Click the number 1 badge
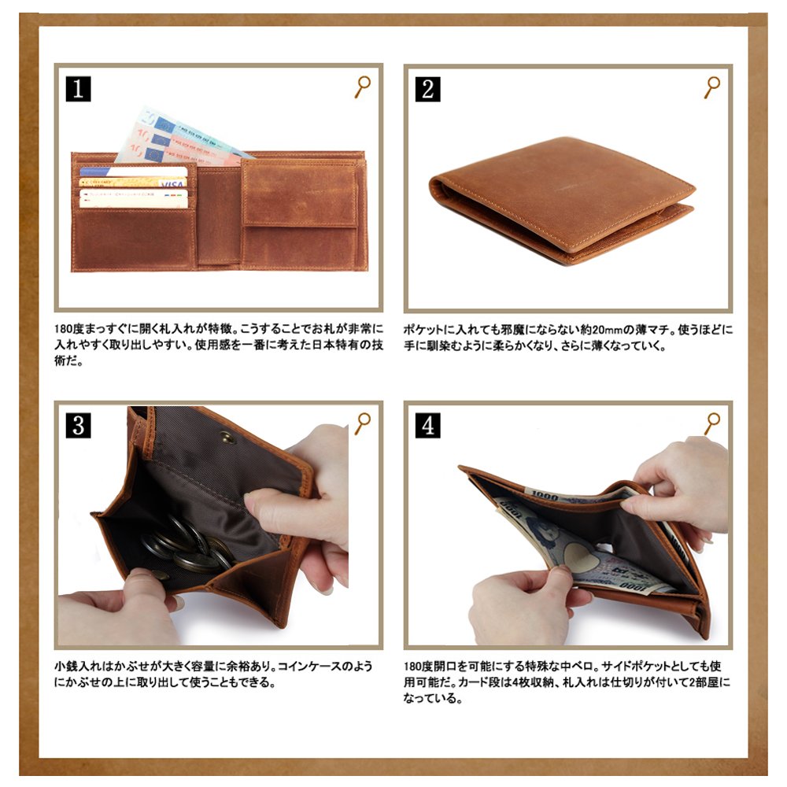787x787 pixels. tap(78, 89)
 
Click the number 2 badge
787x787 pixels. tap(427, 90)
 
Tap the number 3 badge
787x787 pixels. tap(78, 426)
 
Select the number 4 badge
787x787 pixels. tap(427, 426)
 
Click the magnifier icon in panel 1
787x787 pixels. tap(362, 87)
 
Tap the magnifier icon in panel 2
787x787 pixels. tap(711, 87)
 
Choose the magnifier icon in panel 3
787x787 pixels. tap(362, 423)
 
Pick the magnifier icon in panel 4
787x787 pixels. tap(711, 423)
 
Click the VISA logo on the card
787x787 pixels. tap(172, 185)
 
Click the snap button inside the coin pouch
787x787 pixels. tap(228, 438)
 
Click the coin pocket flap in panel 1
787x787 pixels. tap(300, 194)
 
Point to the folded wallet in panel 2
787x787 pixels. tap(562, 201)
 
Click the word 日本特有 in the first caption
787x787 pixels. tap(335, 345)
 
